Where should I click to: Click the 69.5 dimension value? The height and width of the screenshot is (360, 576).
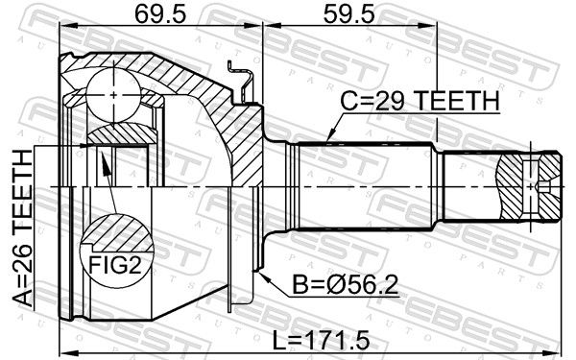point(160,14)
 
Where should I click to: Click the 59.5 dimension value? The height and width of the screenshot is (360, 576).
point(349,14)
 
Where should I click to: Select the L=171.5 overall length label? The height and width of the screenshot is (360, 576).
point(321,341)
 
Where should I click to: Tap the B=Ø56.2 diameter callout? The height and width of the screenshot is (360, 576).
point(345,285)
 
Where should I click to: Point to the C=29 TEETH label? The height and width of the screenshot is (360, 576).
point(420,101)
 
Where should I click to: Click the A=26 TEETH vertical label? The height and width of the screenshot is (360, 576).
point(23,228)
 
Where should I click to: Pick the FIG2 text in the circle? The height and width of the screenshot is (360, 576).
point(115,265)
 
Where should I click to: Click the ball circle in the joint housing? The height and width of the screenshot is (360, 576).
point(113,95)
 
